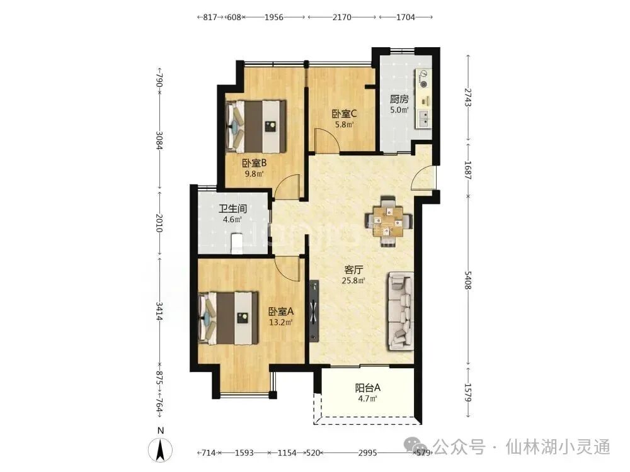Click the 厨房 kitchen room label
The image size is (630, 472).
pyautogui.click(x=399, y=99)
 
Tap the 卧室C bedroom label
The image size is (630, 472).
pyautogui.click(x=345, y=114)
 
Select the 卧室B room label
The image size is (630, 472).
pyautogui.click(x=255, y=164)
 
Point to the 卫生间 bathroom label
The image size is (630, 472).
pyautogui.click(x=232, y=209)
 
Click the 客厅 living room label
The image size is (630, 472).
pyautogui.click(x=353, y=270)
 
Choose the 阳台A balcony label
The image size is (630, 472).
pyautogui.click(x=368, y=388)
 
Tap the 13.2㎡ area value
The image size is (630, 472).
pyautogui.click(x=281, y=322)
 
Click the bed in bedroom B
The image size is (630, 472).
pyautogui.click(x=256, y=126)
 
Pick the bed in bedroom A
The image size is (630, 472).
pyautogui.click(x=228, y=318)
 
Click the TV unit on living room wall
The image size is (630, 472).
pyautogui.click(x=314, y=312)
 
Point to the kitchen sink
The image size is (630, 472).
pyautogui.click(x=423, y=119)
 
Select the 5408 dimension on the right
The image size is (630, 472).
pyautogui.click(x=468, y=280)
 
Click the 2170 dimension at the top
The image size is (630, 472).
pyautogui.click(x=342, y=17)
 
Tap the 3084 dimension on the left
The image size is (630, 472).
pyautogui.click(x=159, y=140)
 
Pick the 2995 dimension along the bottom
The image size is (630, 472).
pyautogui.click(x=368, y=452)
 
